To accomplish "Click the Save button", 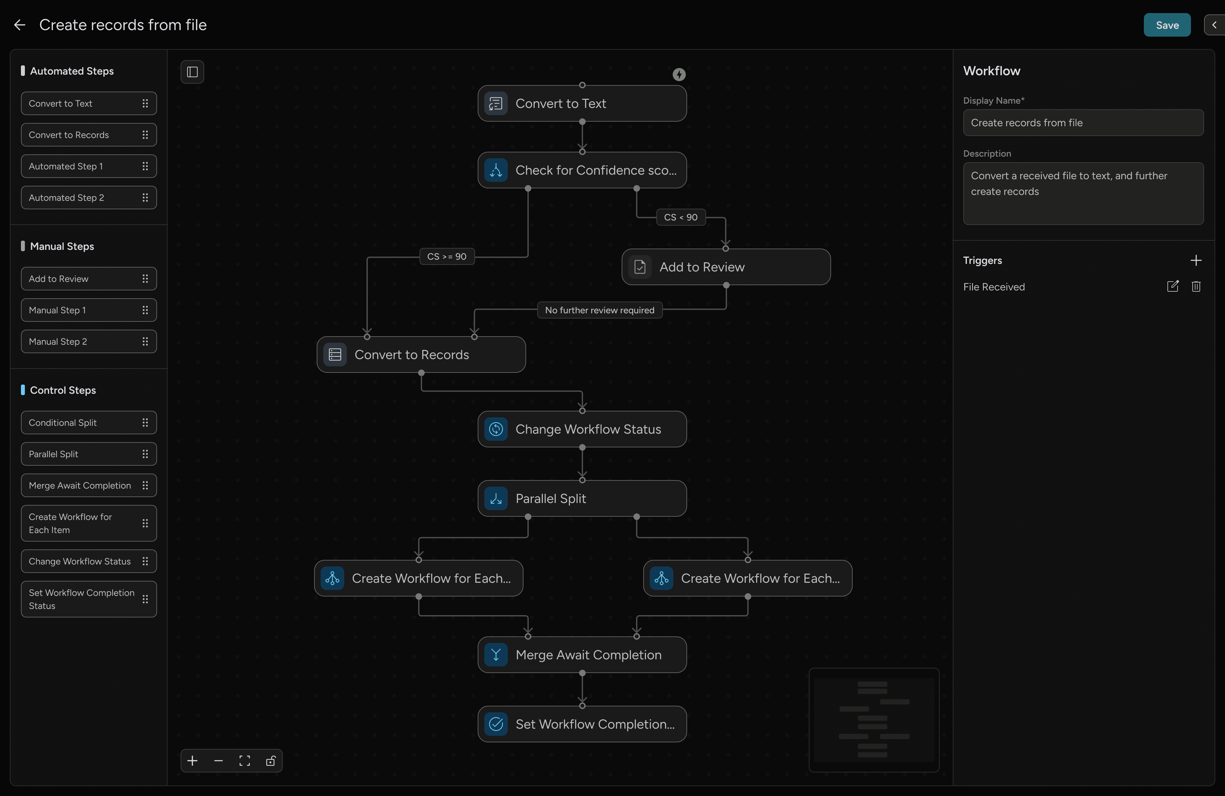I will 1166,25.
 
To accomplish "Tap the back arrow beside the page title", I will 20,25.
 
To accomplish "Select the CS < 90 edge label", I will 681,217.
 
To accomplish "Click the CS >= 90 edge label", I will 446,256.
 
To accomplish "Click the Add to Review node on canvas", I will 725,267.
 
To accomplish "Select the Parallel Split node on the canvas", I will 582,499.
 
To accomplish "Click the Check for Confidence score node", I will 582,170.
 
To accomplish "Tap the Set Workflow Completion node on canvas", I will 582,724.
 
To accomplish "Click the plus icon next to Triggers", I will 1196,260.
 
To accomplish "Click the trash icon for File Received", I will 1196,286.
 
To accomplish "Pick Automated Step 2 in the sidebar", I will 89,198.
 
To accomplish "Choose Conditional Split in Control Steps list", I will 89,423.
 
